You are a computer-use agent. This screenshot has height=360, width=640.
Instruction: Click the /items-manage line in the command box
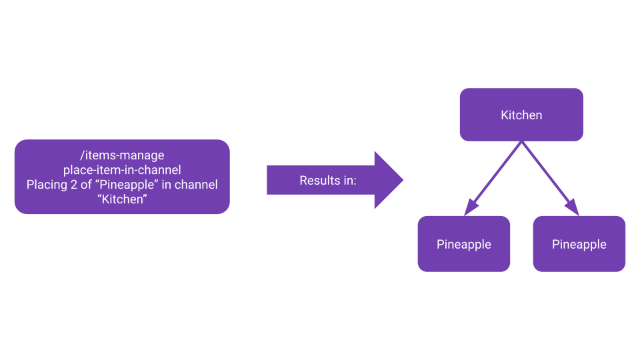point(122,155)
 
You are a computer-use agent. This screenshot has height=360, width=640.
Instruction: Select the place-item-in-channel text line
point(122,170)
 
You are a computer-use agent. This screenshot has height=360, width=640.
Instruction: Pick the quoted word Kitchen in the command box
point(122,199)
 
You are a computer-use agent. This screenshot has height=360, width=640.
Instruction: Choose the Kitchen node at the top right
point(521,115)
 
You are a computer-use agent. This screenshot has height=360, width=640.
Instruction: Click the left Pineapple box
point(464,245)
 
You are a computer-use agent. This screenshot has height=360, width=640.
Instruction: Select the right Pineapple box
point(579,245)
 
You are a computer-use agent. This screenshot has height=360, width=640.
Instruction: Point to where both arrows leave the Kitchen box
point(522,142)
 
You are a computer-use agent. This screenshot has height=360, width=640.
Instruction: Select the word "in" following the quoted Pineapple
point(171,185)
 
